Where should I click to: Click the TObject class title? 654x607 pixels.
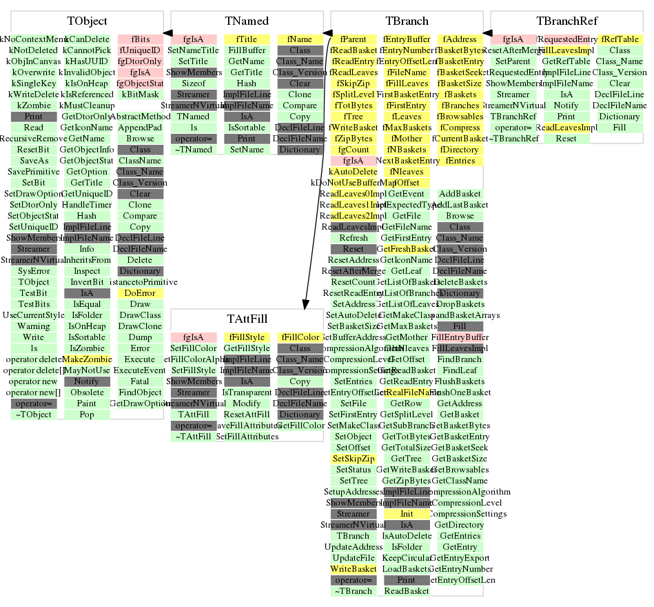point(87,21)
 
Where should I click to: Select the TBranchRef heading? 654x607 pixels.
point(566,21)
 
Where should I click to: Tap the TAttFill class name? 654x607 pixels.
point(247,319)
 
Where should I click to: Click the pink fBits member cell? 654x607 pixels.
point(140,39)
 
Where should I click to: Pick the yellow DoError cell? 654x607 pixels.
point(140,293)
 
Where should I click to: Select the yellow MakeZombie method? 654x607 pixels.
point(87,359)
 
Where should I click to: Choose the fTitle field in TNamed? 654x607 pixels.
point(247,39)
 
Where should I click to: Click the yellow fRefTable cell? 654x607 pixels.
point(620,39)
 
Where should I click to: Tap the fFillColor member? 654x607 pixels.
point(300,337)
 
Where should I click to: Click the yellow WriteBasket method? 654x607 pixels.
point(354,569)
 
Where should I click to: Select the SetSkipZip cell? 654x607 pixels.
point(354,459)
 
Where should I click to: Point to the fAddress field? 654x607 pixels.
point(460,39)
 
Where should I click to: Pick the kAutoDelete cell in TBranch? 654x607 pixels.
point(354,172)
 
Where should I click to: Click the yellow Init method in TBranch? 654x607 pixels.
point(407,514)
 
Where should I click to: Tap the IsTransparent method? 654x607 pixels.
point(247,392)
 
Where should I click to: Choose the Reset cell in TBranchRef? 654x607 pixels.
point(566,139)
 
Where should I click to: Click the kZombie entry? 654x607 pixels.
point(33,106)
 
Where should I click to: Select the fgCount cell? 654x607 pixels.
point(354,150)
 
